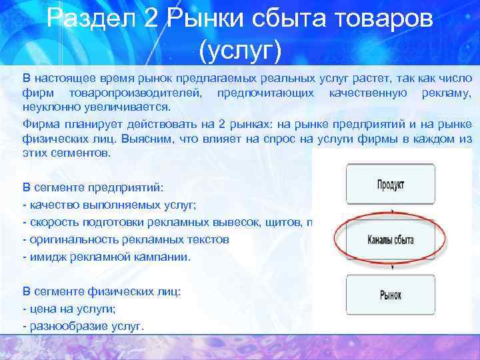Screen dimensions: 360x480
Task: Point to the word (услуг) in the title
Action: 240,48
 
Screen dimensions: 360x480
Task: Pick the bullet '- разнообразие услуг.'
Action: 83,326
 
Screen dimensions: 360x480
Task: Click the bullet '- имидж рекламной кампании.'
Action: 107,256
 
